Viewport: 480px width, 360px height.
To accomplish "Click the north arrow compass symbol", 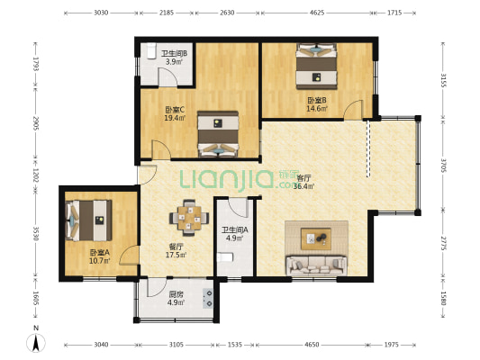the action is pyautogui.click(x=36, y=343).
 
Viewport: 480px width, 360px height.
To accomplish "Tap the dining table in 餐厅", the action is pyautogui.click(x=189, y=218).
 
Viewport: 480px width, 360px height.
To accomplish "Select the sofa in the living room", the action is pyautogui.click(x=316, y=265).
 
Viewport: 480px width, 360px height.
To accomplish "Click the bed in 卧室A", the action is pyautogui.click(x=88, y=220).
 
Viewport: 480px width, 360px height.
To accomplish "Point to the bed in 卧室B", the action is pyautogui.click(x=316, y=66).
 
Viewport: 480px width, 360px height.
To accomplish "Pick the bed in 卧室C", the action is pyautogui.click(x=218, y=134).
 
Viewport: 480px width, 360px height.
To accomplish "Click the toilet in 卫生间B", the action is pyautogui.click(x=151, y=50).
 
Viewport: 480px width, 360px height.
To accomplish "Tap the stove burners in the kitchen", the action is pyautogui.click(x=208, y=298).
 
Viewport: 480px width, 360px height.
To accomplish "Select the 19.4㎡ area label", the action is pyautogui.click(x=175, y=118).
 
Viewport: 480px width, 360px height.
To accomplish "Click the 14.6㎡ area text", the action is pyautogui.click(x=317, y=108).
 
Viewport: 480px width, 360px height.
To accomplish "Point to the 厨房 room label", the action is pyautogui.click(x=176, y=294).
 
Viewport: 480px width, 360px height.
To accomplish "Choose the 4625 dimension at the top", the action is pyautogui.click(x=317, y=13).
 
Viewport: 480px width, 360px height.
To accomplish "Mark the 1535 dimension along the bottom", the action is pyautogui.click(x=235, y=345).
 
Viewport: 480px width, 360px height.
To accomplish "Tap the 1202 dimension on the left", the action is pyautogui.click(x=36, y=175).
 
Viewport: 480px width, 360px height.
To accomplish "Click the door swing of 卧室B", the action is pyautogui.click(x=353, y=110).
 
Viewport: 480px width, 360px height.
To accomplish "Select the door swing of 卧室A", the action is pyautogui.click(x=130, y=255).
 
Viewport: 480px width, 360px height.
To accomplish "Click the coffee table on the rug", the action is pyautogui.click(x=316, y=238).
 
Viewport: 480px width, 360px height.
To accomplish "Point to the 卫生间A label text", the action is pyautogui.click(x=235, y=229).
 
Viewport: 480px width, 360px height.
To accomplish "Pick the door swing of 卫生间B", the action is pyautogui.click(x=168, y=77).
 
